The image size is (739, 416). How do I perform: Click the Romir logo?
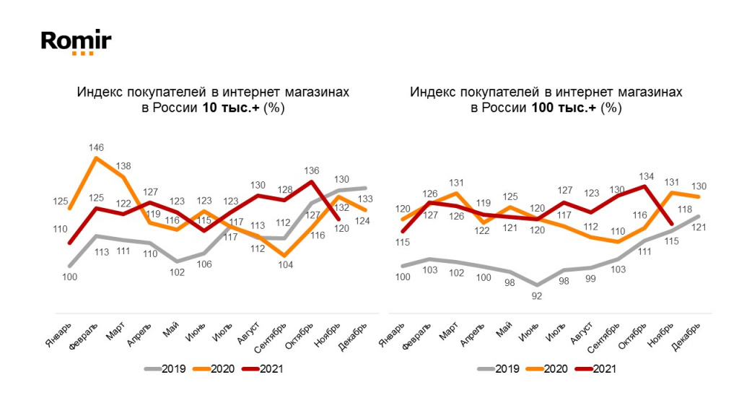(x=76, y=41)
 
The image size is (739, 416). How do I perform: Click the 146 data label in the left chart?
(x=97, y=147)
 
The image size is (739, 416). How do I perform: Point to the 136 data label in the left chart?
(x=312, y=171)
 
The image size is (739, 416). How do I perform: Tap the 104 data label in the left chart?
(x=285, y=265)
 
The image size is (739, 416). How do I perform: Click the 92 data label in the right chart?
(x=536, y=295)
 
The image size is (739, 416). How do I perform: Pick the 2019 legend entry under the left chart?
(x=165, y=368)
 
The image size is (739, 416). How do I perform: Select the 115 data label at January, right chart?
(x=403, y=243)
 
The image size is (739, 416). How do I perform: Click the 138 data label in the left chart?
(x=124, y=165)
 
